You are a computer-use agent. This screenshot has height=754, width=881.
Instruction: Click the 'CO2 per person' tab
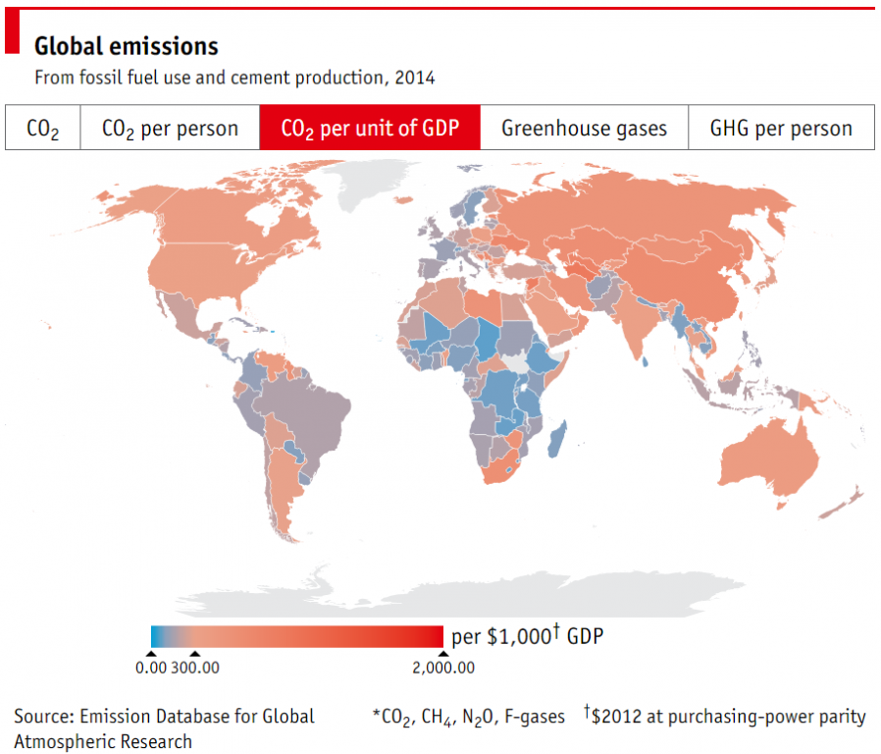(169, 129)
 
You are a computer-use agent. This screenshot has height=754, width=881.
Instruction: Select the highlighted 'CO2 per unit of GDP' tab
(370, 129)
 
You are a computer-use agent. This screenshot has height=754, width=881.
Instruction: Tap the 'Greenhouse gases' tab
(584, 129)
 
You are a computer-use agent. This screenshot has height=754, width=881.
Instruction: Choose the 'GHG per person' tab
(780, 129)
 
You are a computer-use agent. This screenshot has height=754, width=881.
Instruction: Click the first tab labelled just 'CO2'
(42, 129)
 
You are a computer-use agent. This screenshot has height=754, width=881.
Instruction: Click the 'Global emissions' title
(127, 46)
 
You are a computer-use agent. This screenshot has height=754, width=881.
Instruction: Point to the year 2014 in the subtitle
(415, 78)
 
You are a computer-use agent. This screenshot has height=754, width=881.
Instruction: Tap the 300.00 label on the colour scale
(196, 669)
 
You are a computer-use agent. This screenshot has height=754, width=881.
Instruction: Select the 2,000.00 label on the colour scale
(443, 669)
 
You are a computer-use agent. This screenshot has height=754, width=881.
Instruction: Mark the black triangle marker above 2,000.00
(443, 654)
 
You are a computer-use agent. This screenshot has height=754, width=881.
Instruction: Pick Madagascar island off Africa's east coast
(556, 438)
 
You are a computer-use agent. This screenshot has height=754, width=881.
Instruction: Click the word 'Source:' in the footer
(44, 717)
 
